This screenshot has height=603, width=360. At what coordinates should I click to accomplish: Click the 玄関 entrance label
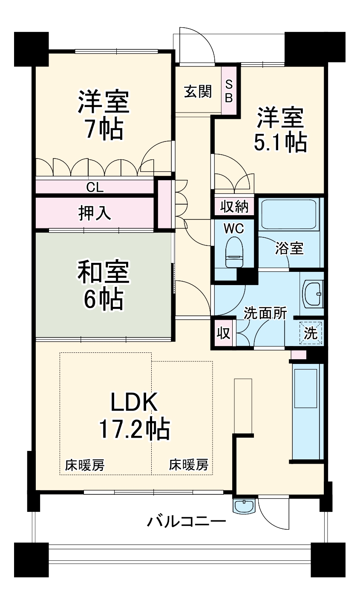tap(198, 91)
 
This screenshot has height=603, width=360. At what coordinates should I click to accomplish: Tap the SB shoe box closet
tap(229, 91)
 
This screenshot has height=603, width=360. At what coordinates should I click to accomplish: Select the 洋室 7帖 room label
tap(103, 115)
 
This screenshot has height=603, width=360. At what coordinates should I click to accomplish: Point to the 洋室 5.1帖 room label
tap(280, 130)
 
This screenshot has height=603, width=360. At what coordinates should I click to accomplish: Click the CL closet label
tap(95, 187)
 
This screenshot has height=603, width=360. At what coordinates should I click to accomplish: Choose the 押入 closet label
tap(95, 213)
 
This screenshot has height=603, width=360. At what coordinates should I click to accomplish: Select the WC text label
tap(234, 228)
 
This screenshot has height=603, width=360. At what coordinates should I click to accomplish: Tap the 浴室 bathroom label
tap(289, 248)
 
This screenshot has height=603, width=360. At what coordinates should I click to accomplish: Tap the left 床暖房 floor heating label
tap(85, 465)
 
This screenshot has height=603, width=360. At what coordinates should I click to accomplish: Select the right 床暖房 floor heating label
tap(189, 465)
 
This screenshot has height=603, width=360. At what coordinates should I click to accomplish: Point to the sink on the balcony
tap(244, 506)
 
